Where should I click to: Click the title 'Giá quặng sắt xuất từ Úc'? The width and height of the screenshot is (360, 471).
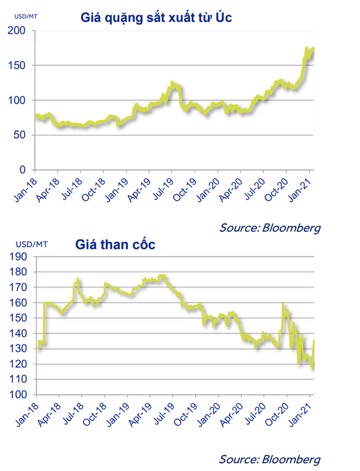(156, 18)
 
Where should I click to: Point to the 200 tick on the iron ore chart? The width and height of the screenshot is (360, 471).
(19, 31)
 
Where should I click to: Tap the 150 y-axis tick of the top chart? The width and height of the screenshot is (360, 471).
(19, 66)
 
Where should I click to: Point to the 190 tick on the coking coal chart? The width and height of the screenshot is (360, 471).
(19, 257)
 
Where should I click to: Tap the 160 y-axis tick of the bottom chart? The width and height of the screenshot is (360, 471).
(19, 303)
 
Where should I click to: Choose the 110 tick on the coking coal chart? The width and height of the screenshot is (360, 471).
(19, 380)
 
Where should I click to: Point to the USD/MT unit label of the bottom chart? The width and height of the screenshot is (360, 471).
(26, 244)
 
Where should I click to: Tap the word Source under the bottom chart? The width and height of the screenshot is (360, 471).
(237, 458)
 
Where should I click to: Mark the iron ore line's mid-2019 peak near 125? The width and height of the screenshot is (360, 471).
(172, 83)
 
